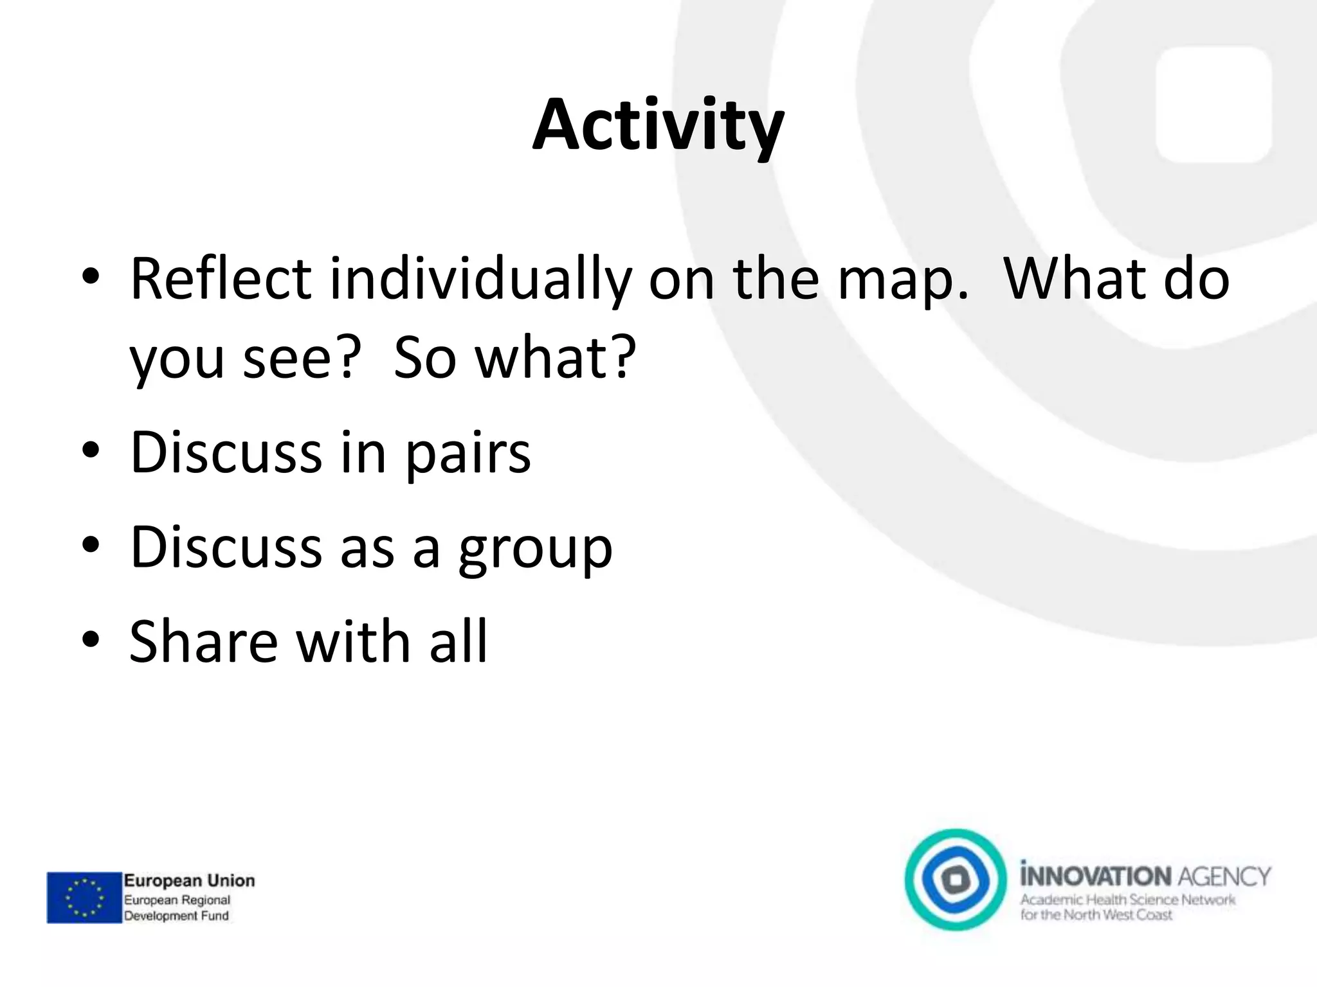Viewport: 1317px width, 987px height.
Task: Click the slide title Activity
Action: [x=658, y=125]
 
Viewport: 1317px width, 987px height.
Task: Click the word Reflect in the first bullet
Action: [x=221, y=279]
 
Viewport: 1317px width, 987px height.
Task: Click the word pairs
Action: [x=468, y=454]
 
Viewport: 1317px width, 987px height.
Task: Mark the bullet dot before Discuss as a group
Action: [x=91, y=546]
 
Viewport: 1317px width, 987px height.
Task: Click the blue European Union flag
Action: [x=84, y=897]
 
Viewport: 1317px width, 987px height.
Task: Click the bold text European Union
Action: [x=189, y=880]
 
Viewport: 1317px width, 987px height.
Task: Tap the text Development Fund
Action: [x=176, y=916]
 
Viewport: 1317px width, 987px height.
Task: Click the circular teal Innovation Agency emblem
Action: [x=956, y=879]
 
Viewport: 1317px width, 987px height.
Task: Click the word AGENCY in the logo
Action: [x=1224, y=876]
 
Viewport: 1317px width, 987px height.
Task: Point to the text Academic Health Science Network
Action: [x=1127, y=900]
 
